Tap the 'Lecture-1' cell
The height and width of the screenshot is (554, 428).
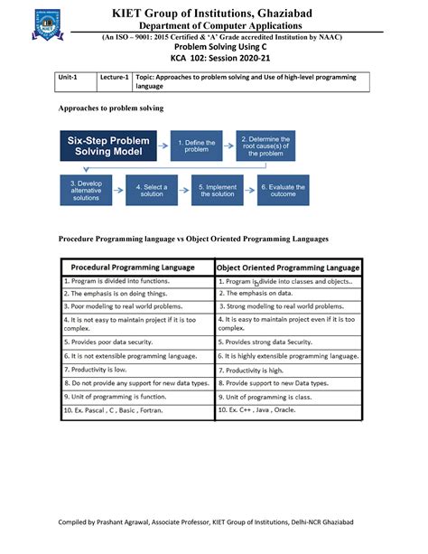[x=114, y=78]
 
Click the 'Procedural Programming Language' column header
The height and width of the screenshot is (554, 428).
[x=137, y=268]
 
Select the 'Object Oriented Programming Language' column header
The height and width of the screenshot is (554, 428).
[x=288, y=268]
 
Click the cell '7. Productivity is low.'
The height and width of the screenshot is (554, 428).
[x=137, y=371]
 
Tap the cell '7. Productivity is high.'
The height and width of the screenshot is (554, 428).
[x=288, y=371]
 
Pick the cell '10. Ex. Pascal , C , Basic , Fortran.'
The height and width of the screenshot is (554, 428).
[x=137, y=410]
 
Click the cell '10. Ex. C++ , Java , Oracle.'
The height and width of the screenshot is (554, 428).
[x=288, y=410]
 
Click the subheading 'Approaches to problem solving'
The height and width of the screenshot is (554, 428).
[x=111, y=108]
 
